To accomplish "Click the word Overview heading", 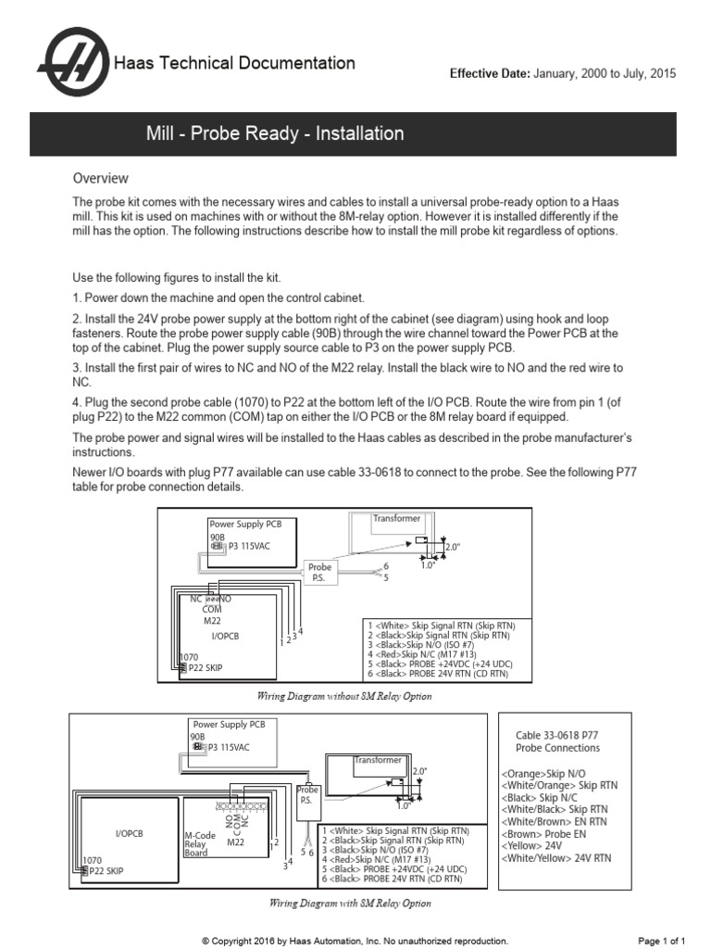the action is pyautogui.click(x=101, y=178).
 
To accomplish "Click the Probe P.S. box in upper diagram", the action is pyautogui.click(x=319, y=571).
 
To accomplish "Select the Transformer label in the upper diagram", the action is pyautogui.click(x=396, y=519).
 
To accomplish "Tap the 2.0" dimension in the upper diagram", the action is pyautogui.click(x=453, y=547).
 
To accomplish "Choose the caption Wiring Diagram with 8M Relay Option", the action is pyautogui.click(x=350, y=903).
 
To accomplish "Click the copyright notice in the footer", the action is pyautogui.click(x=355, y=941).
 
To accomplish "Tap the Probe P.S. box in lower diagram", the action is pyautogui.click(x=306, y=795).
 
